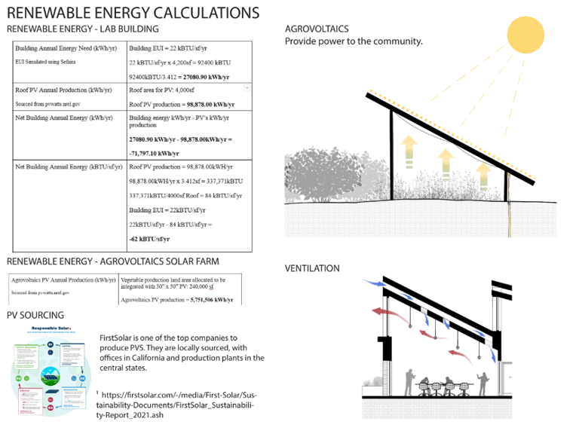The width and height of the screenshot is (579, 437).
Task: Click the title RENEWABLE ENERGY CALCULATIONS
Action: (133, 13)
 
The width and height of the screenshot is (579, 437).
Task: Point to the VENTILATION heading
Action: (312, 268)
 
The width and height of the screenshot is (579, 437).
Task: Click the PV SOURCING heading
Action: (35, 315)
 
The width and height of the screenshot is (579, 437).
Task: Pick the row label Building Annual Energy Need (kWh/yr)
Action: (66, 48)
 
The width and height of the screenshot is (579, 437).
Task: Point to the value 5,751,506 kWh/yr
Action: (216, 300)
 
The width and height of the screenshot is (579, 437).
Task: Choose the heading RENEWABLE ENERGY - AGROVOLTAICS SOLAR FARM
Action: (112, 261)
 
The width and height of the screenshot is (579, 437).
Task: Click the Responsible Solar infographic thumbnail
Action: (49, 368)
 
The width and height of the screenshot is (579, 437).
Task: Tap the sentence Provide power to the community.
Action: (354, 41)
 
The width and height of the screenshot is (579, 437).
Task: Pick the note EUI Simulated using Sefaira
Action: (47, 61)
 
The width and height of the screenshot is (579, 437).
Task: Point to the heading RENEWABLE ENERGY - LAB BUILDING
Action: (82, 29)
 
